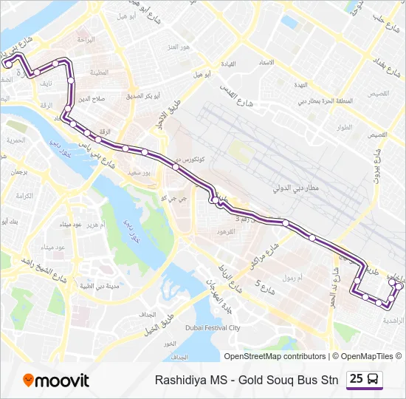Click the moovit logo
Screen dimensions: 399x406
coord(56,381)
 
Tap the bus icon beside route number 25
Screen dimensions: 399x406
coord(374,379)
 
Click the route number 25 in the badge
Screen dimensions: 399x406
coord(357,379)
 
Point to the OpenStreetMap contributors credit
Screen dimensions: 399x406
coord(274,356)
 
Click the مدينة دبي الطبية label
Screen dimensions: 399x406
coord(103,285)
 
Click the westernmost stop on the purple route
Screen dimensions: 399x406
coord(8,64)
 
